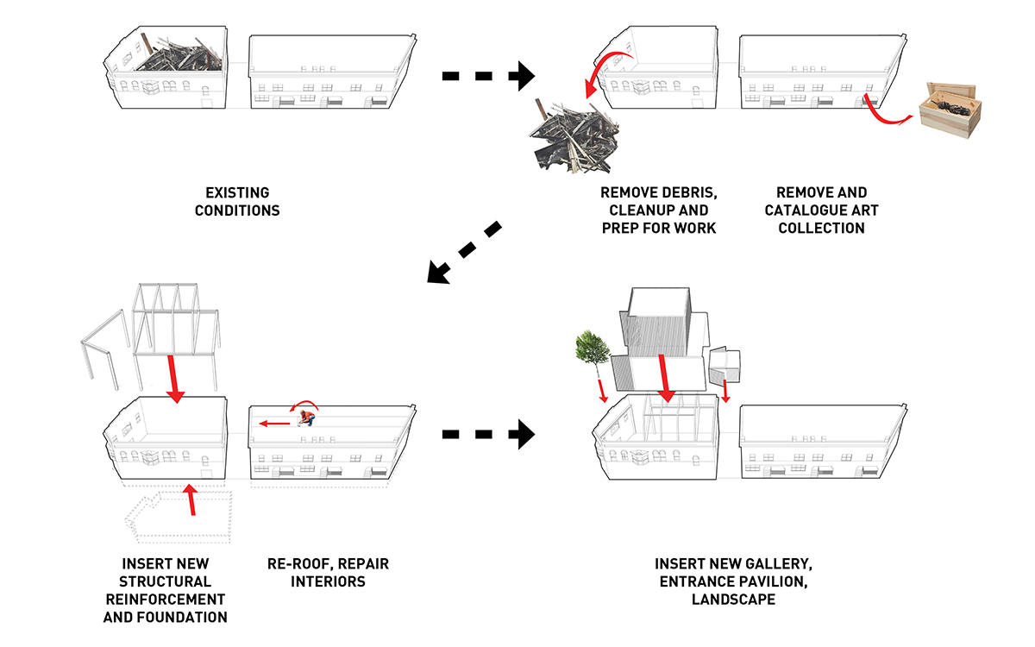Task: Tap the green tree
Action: (x=592, y=347)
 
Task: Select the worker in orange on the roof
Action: (x=305, y=418)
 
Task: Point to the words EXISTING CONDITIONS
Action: (x=237, y=201)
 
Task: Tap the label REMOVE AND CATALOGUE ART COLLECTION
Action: (x=822, y=210)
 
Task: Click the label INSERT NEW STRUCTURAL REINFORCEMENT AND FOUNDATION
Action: (x=166, y=590)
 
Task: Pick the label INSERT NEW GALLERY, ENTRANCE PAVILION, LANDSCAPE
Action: (x=732, y=581)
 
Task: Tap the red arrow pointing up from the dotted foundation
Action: (x=191, y=499)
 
